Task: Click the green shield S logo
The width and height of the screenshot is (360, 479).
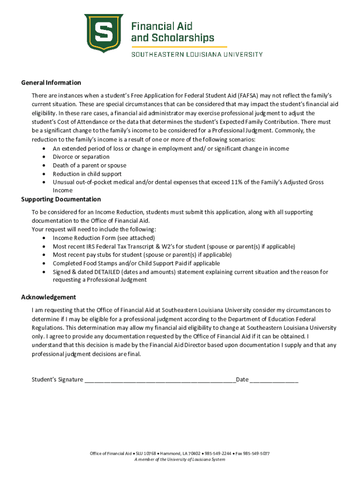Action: click(x=103, y=33)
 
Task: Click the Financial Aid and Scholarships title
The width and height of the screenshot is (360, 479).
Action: click(x=172, y=32)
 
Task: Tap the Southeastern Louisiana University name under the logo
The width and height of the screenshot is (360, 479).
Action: click(x=196, y=54)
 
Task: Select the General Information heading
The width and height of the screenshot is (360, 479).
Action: click(x=51, y=83)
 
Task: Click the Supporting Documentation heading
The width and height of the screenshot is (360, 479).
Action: click(x=61, y=199)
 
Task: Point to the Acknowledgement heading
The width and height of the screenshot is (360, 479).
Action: click(x=49, y=298)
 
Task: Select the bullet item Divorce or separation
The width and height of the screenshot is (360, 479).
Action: click(x=81, y=157)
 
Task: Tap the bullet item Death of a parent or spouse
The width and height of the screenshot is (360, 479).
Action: click(x=89, y=166)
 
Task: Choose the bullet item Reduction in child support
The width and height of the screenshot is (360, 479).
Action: click(x=86, y=174)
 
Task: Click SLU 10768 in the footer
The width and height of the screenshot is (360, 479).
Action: click(x=146, y=454)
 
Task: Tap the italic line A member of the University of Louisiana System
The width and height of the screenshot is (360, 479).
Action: click(x=180, y=459)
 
